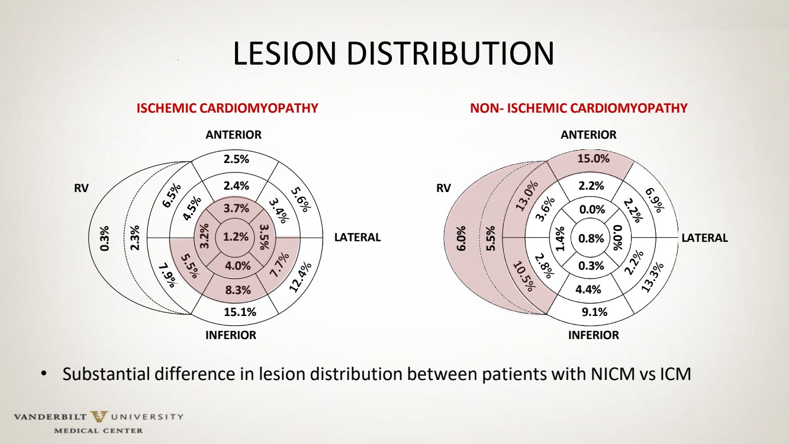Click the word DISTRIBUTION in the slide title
[450, 54]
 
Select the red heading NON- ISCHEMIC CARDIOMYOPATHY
[578, 108]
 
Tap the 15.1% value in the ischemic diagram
[239, 312]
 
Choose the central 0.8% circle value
[591, 238]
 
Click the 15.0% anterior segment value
[594, 159]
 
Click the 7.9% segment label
[168, 275]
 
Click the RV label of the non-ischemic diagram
[443, 189]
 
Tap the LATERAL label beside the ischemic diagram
[358, 238]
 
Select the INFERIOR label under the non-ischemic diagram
[593, 335]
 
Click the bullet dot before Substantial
[43, 375]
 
